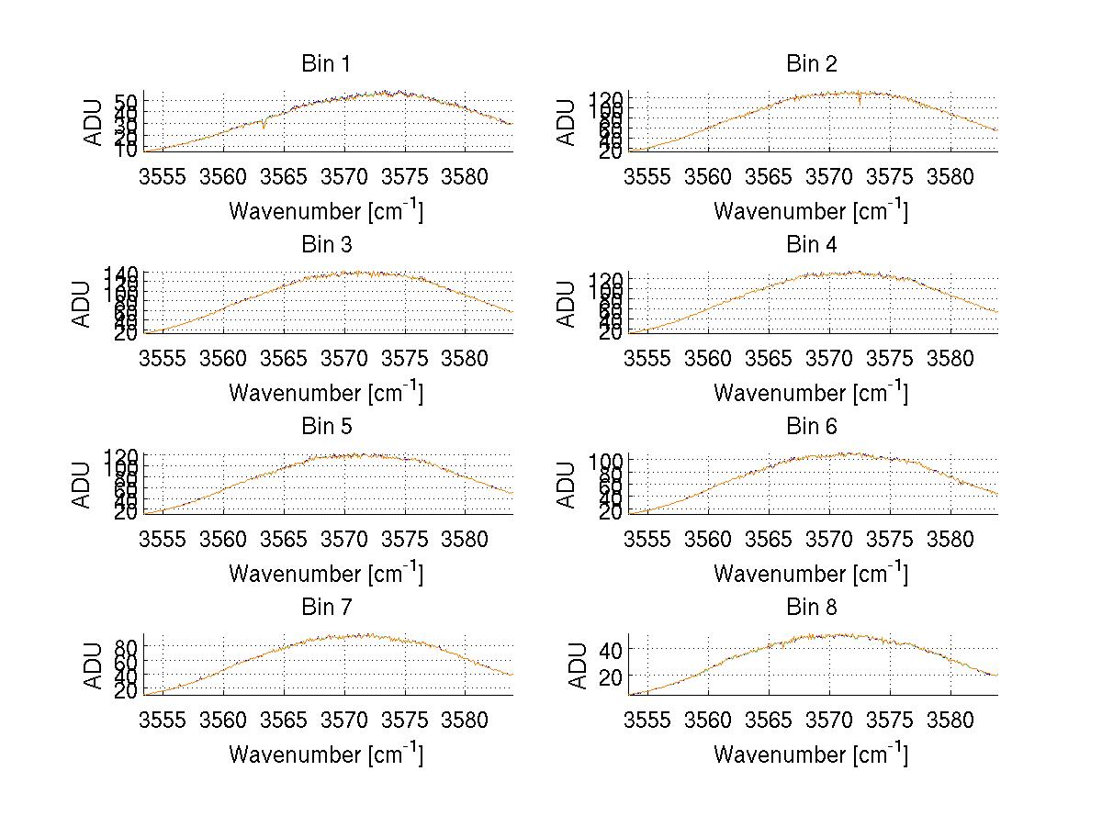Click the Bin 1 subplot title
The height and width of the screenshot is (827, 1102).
[x=326, y=64]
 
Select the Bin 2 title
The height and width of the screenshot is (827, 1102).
[x=812, y=64]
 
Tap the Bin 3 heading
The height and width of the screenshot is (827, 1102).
[x=326, y=245]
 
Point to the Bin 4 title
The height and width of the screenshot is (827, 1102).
[x=812, y=245]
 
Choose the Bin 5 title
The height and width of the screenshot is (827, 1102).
[x=326, y=427]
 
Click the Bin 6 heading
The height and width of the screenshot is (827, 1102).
[x=812, y=427]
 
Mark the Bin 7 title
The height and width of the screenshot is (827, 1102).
[x=326, y=608]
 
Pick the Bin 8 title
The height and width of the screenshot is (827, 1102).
[x=812, y=608]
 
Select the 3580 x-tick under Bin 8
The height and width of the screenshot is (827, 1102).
[x=950, y=720]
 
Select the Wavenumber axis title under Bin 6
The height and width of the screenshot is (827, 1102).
[x=811, y=574]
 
